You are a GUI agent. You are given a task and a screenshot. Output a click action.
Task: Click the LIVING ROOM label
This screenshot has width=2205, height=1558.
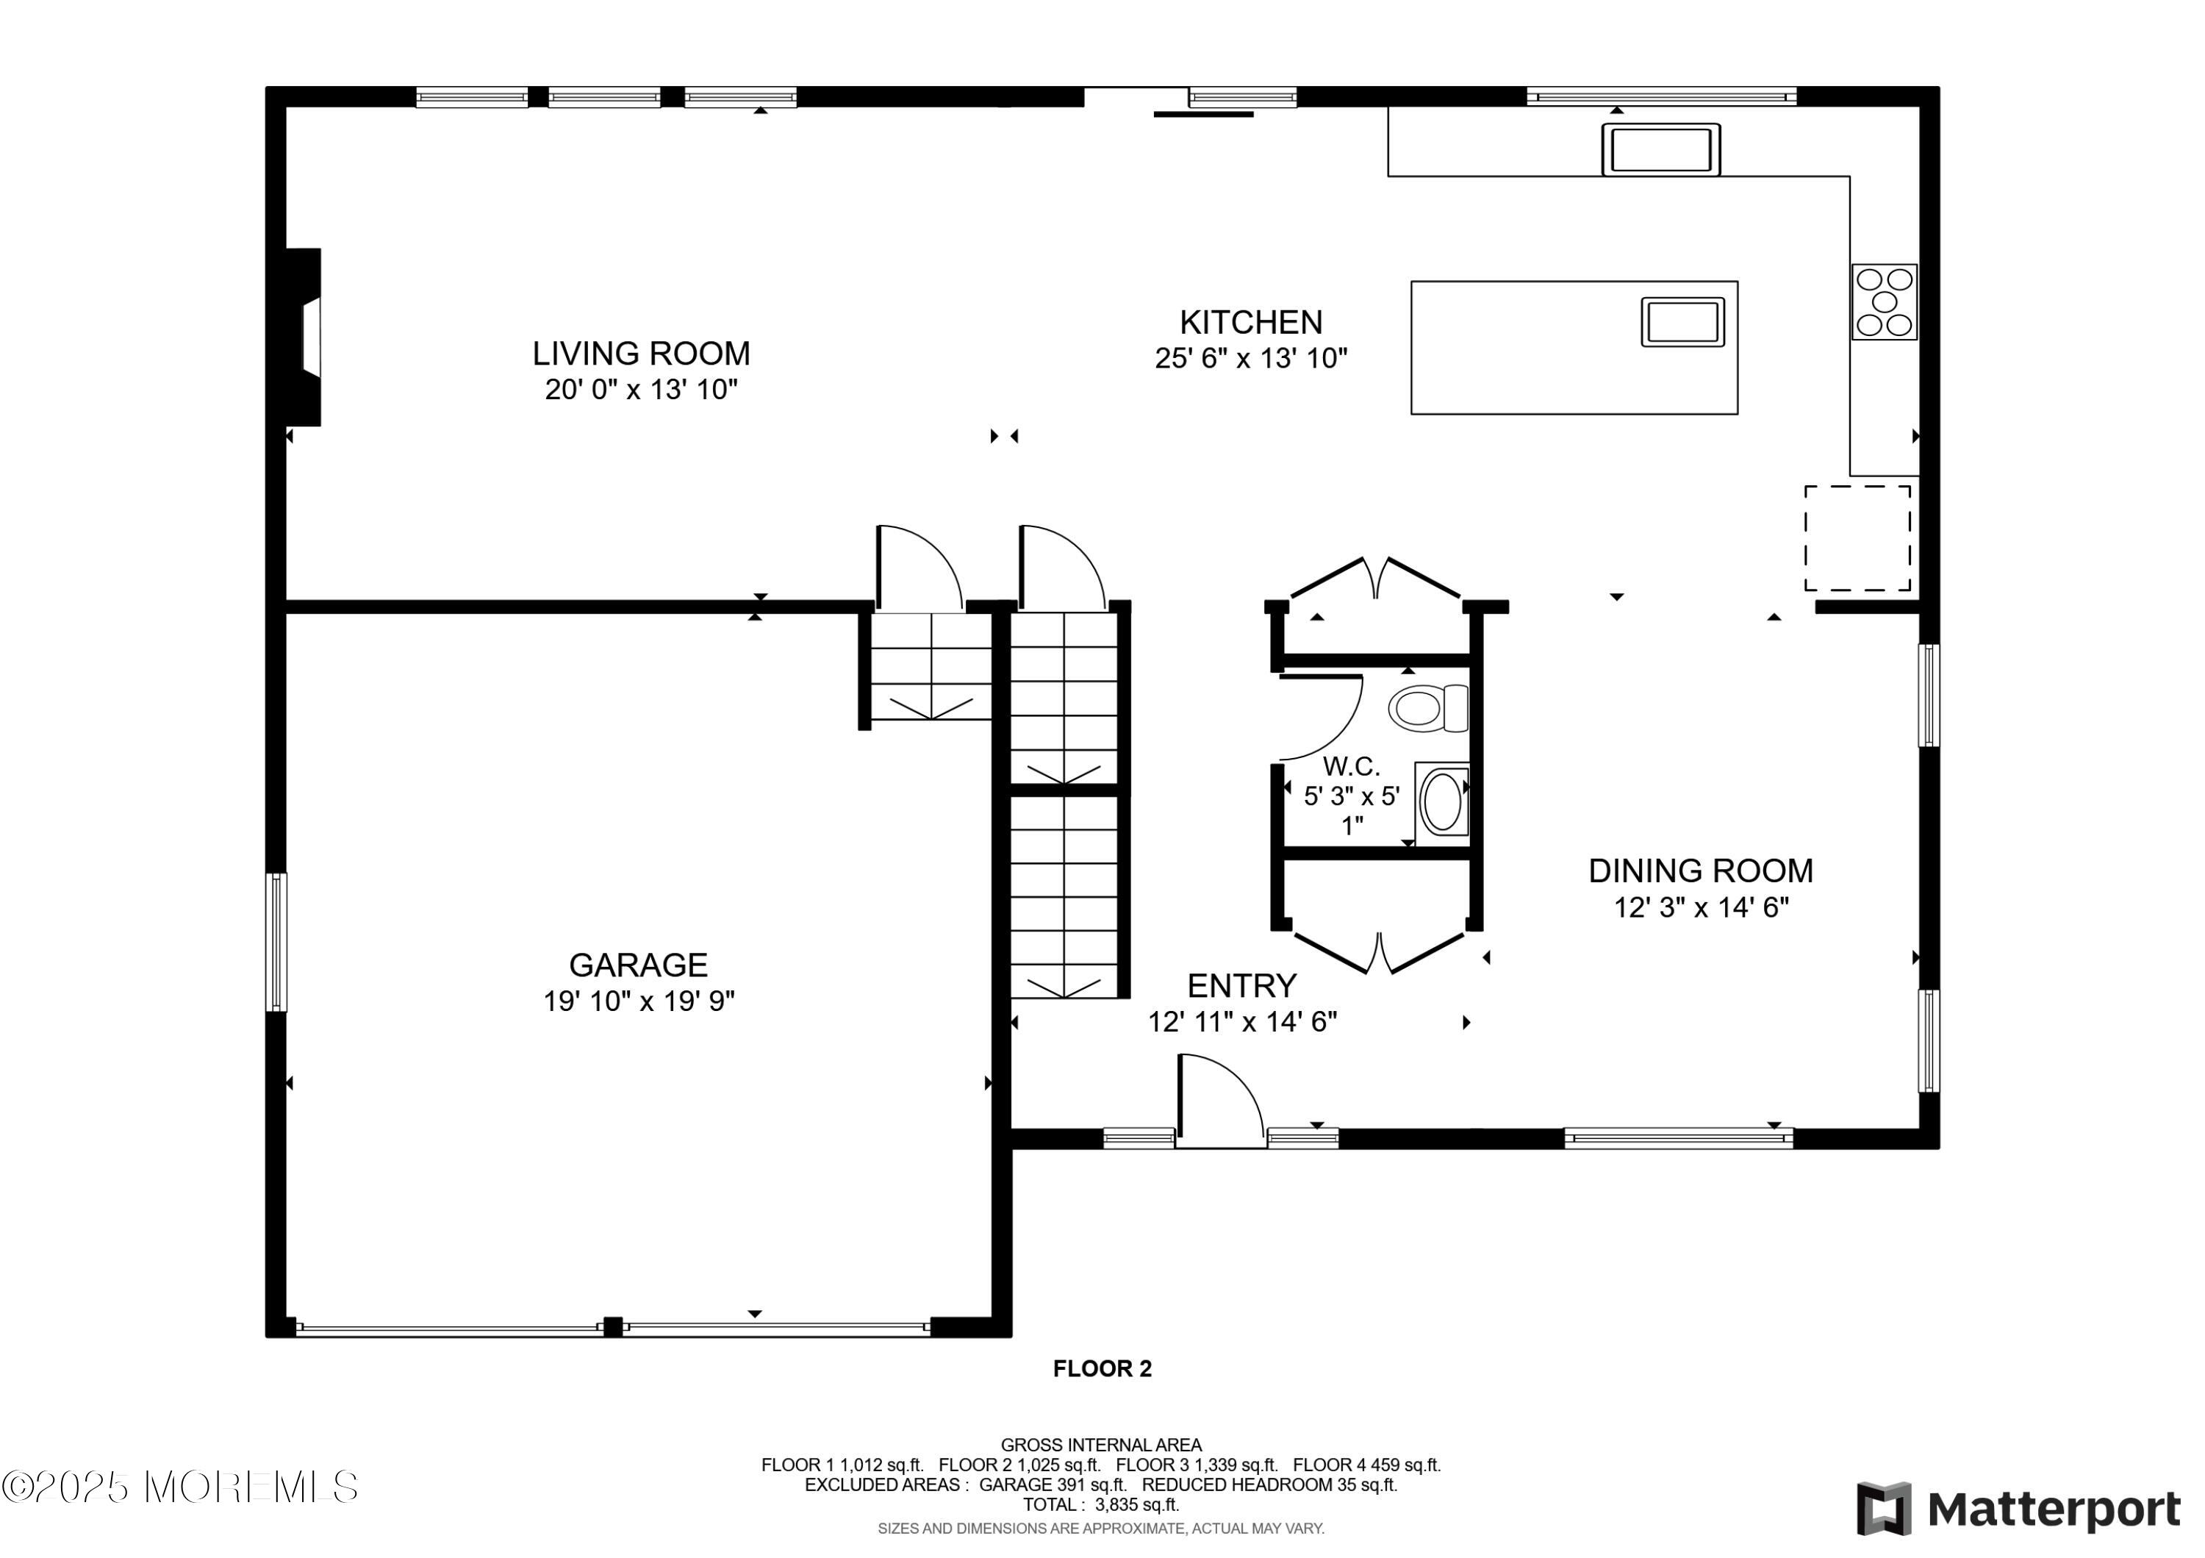point(642,354)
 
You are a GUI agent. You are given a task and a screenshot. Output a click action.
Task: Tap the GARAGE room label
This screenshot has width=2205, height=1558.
point(639,965)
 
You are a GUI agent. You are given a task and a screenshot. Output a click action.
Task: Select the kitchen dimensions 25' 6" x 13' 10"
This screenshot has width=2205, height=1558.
point(1252,358)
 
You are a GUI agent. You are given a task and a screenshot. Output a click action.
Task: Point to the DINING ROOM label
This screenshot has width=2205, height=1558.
point(1701,871)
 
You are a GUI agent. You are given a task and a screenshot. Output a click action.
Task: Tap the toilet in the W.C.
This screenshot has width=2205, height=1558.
point(1428,708)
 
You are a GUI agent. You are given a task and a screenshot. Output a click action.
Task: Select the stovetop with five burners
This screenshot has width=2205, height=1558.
point(1885,301)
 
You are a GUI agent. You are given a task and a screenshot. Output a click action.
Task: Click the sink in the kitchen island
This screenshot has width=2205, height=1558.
point(1682,322)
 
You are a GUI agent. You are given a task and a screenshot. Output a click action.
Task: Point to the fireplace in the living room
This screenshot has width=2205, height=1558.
point(304,337)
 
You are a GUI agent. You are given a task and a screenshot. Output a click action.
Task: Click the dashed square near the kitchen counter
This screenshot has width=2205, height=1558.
point(1857,538)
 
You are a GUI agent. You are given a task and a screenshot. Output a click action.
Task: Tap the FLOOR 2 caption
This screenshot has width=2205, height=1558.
point(1102,1369)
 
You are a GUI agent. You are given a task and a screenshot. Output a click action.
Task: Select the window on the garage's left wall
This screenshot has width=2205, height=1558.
point(276,943)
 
